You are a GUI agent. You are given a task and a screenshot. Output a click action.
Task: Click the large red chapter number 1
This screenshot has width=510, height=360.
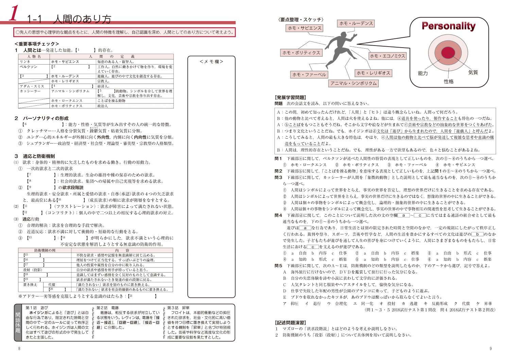(x=14, y=14)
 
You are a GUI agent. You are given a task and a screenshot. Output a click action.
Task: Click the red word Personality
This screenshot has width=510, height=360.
(x=448, y=26)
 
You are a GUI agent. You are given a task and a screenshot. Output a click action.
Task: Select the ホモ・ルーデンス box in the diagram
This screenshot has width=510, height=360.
(x=356, y=23)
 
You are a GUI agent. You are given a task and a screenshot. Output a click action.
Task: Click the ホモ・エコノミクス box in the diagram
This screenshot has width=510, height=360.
(x=387, y=56)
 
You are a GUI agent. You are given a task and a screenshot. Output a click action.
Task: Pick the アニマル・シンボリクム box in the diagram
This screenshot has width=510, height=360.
(x=354, y=83)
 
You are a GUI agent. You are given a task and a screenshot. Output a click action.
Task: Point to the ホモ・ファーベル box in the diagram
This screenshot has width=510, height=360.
(x=309, y=74)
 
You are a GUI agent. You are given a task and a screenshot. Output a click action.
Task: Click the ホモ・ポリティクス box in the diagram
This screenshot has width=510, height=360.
(x=301, y=52)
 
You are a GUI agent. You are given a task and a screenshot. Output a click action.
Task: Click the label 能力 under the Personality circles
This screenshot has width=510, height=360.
(x=423, y=73)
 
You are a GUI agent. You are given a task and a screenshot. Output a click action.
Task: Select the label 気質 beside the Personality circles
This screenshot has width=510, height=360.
(x=473, y=72)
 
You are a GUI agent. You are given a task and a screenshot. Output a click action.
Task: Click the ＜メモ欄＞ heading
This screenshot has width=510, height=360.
(x=211, y=62)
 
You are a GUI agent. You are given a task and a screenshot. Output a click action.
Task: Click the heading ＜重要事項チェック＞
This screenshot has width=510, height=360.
(x=37, y=44)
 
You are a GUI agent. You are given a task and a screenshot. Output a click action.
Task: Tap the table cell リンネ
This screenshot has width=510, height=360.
(x=25, y=62)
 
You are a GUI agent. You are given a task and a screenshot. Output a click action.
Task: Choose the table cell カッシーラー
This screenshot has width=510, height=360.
(x=30, y=91)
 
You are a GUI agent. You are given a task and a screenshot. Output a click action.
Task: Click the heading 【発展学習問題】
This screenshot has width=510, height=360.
(x=290, y=97)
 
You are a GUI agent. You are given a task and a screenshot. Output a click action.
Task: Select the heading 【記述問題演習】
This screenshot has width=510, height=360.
(x=290, y=322)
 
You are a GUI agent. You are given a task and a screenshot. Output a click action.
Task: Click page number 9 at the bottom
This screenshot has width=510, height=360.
(x=490, y=348)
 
